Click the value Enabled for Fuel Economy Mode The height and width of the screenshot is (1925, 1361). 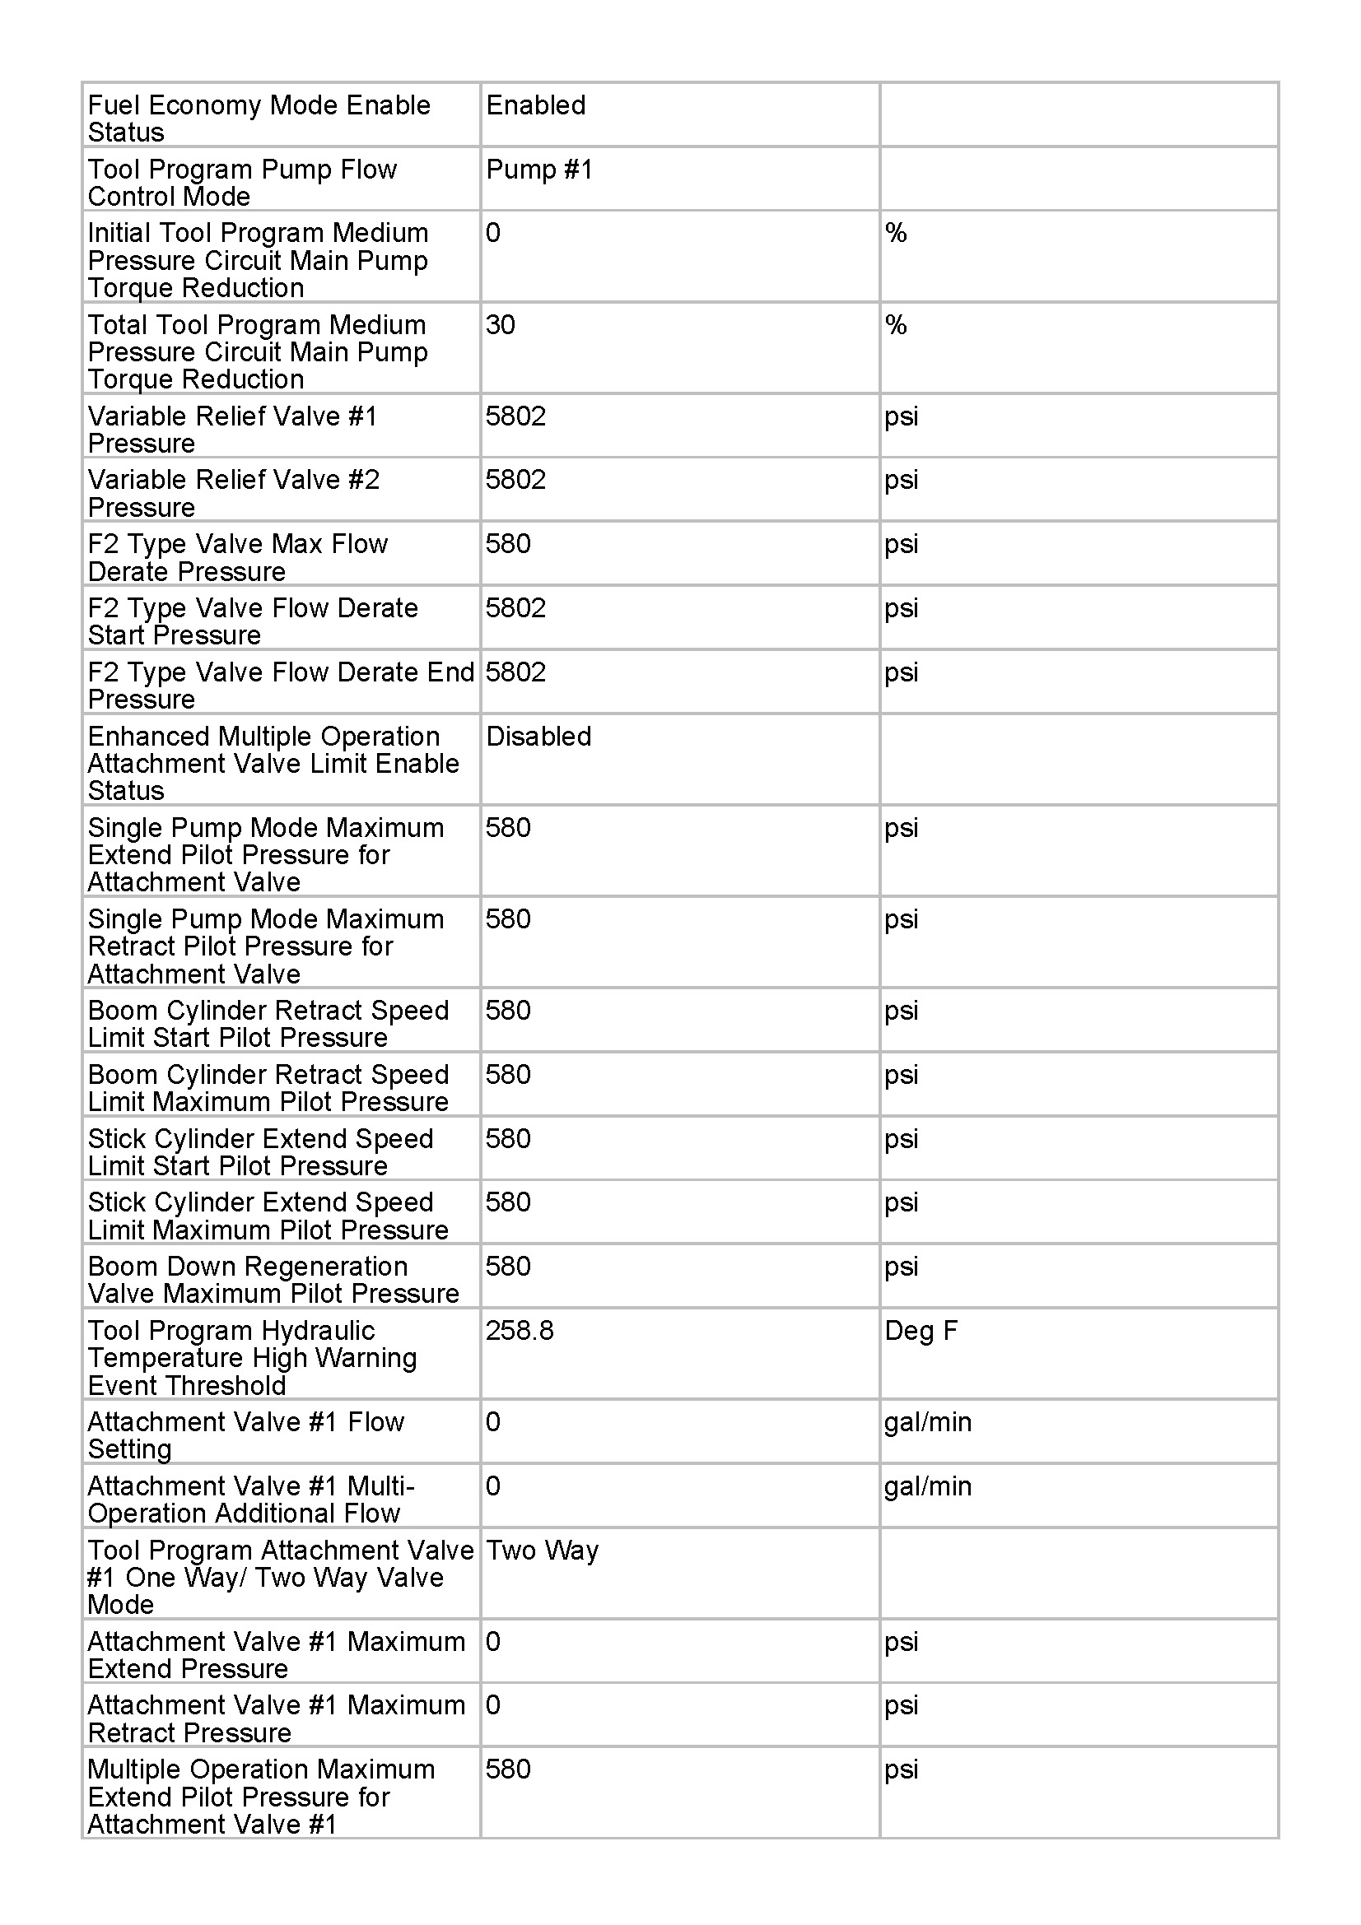click(x=536, y=105)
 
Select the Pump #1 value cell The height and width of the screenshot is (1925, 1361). click(x=539, y=170)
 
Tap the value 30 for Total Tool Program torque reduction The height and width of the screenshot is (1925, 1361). click(x=501, y=325)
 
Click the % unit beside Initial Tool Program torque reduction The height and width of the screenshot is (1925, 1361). click(x=896, y=233)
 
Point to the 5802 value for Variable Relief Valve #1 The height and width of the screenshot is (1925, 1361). click(x=515, y=416)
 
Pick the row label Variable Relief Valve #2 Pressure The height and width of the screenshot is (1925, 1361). click(x=234, y=493)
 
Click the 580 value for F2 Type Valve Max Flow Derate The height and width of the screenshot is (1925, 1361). click(x=508, y=544)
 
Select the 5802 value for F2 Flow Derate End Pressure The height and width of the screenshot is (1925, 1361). click(x=515, y=672)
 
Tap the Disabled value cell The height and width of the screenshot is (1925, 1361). click(x=538, y=737)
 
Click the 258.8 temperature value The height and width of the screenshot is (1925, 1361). click(x=520, y=1331)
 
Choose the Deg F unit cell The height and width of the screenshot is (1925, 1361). click(x=921, y=1331)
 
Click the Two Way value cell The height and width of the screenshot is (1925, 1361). click(x=543, y=1551)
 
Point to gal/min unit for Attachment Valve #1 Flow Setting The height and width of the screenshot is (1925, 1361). click(x=927, y=1422)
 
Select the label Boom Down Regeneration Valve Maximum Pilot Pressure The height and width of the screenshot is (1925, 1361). click(x=273, y=1280)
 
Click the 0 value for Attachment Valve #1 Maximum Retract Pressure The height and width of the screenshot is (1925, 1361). click(x=493, y=1705)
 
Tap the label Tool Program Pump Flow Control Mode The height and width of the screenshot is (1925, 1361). click(x=242, y=183)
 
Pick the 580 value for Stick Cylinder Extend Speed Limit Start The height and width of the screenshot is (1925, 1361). click(x=508, y=1138)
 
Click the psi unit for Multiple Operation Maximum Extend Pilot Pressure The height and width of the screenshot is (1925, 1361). click(x=902, y=1769)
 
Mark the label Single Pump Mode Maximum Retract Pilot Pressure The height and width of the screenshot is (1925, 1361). click(x=266, y=946)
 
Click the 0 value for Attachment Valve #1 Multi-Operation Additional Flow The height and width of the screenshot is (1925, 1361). click(x=493, y=1486)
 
